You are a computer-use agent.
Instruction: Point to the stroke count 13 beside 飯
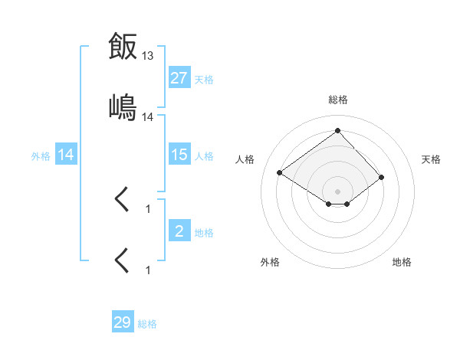point(148,56)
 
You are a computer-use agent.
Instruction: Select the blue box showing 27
point(179,78)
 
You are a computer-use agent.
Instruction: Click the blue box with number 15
point(179,155)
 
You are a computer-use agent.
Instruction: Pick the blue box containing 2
point(179,231)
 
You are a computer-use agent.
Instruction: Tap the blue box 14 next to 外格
point(66,155)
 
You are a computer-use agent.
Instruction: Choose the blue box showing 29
point(122,322)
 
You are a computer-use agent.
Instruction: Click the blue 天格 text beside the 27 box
point(204,80)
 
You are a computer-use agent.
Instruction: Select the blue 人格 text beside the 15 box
point(204,156)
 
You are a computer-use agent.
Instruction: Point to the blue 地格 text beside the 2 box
point(204,233)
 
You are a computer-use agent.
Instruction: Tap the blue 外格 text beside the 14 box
point(41,156)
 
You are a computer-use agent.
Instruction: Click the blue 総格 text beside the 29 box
point(147,324)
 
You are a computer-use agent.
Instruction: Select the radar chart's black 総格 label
point(338,100)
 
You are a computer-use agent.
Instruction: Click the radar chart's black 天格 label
point(431,159)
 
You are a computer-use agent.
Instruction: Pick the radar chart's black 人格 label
point(245,159)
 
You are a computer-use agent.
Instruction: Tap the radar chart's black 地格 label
point(402,262)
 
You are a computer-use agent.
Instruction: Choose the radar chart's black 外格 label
point(270,262)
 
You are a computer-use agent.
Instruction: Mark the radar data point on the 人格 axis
point(280,172)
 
